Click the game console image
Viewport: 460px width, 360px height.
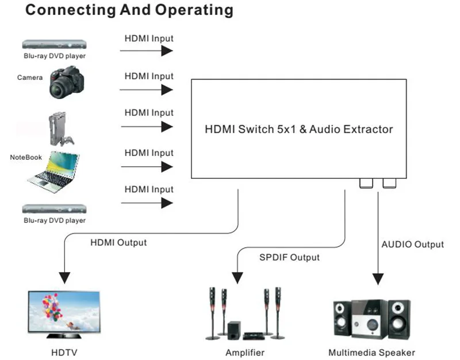pos(57,128)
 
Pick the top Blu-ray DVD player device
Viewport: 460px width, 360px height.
pos(54,44)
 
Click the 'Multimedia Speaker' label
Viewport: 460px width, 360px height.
pos(371,352)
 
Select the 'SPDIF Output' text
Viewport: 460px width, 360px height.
pos(289,257)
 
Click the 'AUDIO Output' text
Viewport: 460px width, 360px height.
pos(413,244)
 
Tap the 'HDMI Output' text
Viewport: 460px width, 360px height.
pos(118,242)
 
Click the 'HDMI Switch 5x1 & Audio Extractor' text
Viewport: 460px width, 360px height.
pos(299,129)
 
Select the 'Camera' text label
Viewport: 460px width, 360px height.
pos(29,77)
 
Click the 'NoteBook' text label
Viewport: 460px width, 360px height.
pos(25,157)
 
